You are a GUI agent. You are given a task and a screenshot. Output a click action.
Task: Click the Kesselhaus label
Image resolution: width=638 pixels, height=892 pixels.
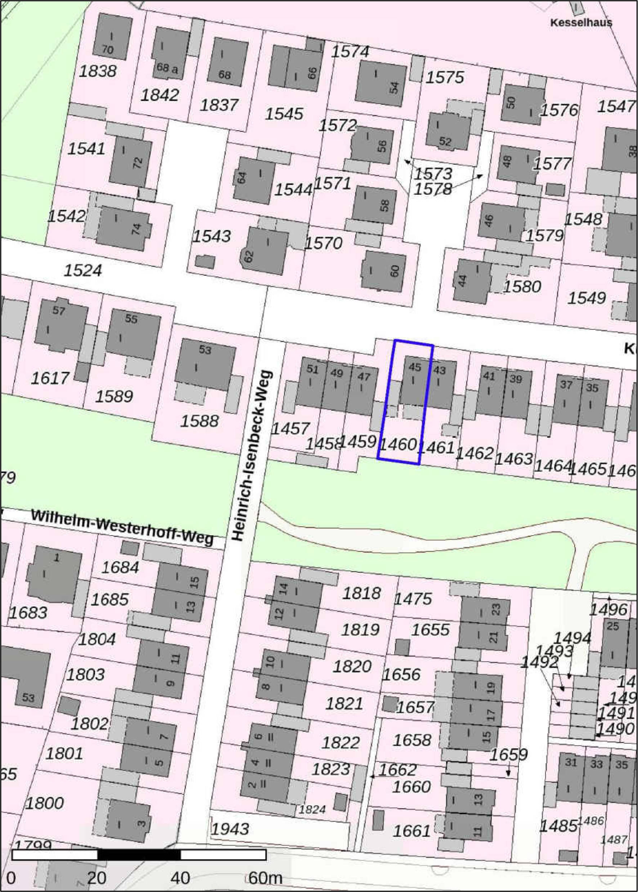(x=581, y=22)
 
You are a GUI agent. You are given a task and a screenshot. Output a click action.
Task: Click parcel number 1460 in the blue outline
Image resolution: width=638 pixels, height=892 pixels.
(x=397, y=445)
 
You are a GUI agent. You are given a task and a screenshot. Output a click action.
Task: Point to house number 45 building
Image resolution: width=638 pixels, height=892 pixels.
(x=413, y=380)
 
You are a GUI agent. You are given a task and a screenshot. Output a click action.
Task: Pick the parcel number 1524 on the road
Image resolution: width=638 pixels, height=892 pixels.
(x=83, y=271)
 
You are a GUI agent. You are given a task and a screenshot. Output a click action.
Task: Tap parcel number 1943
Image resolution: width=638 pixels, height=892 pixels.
(x=230, y=829)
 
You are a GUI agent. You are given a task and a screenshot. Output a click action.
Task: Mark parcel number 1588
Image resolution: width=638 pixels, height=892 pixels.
(x=199, y=422)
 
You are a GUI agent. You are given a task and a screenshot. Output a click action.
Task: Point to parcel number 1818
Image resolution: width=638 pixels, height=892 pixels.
(x=361, y=593)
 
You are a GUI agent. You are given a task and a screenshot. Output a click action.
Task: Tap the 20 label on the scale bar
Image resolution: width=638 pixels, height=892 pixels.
(x=96, y=878)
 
